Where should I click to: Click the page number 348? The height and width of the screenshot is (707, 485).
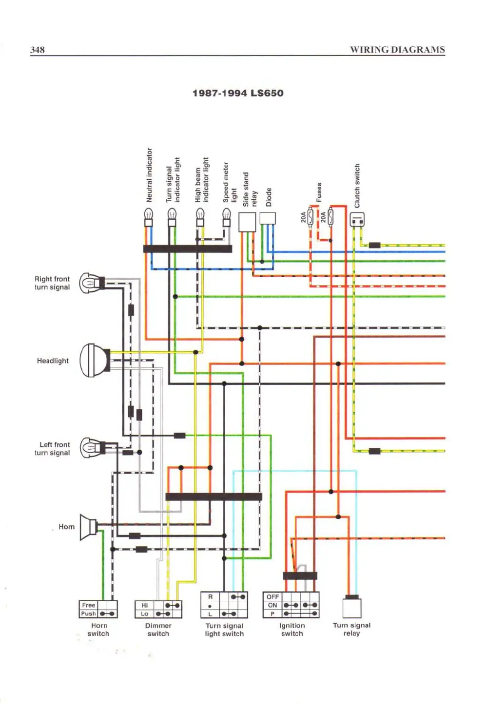click(38, 50)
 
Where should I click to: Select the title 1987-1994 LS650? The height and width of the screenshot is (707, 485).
click(238, 93)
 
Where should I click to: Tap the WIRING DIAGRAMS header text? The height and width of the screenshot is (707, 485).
click(397, 50)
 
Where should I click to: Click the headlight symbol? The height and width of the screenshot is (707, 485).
click(95, 360)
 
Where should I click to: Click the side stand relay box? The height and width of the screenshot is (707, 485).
click(247, 222)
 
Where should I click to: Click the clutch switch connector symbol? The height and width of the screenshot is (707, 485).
click(357, 220)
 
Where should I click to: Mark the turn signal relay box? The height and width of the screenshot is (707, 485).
click(351, 608)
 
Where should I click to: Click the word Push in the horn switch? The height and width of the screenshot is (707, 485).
click(88, 614)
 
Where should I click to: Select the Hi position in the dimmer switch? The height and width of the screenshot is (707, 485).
click(145, 605)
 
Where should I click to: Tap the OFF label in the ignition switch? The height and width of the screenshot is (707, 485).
click(272, 597)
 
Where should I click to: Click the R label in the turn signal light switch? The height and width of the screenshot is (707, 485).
click(211, 597)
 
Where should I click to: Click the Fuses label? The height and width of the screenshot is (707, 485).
click(319, 192)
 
